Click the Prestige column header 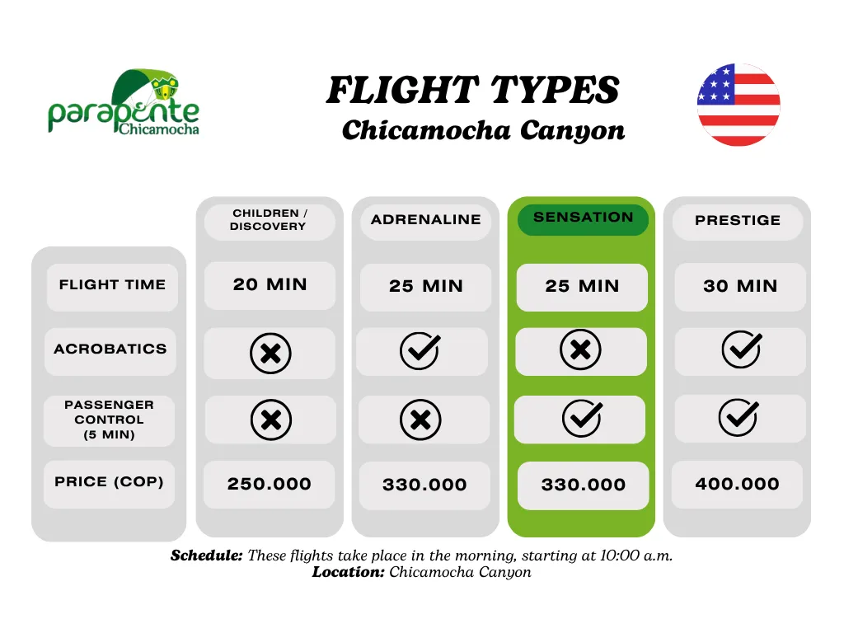click(738, 221)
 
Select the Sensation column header click(583, 218)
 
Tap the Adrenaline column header click(426, 219)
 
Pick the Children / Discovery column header click(270, 220)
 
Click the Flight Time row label click(112, 286)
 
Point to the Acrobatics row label click(110, 349)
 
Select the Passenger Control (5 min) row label click(110, 420)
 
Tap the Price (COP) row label click(110, 483)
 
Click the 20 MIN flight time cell click(270, 285)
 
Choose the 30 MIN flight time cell click(740, 287)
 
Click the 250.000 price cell click(270, 485)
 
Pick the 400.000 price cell click(738, 485)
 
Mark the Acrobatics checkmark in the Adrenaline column click(420, 351)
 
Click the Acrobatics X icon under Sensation click(580, 349)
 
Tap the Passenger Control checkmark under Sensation click(583, 418)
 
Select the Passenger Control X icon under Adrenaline click(420, 420)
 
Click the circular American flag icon click(738, 105)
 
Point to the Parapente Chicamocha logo click(124, 102)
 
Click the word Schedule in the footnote click(207, 556)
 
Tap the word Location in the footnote click(349, 572)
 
